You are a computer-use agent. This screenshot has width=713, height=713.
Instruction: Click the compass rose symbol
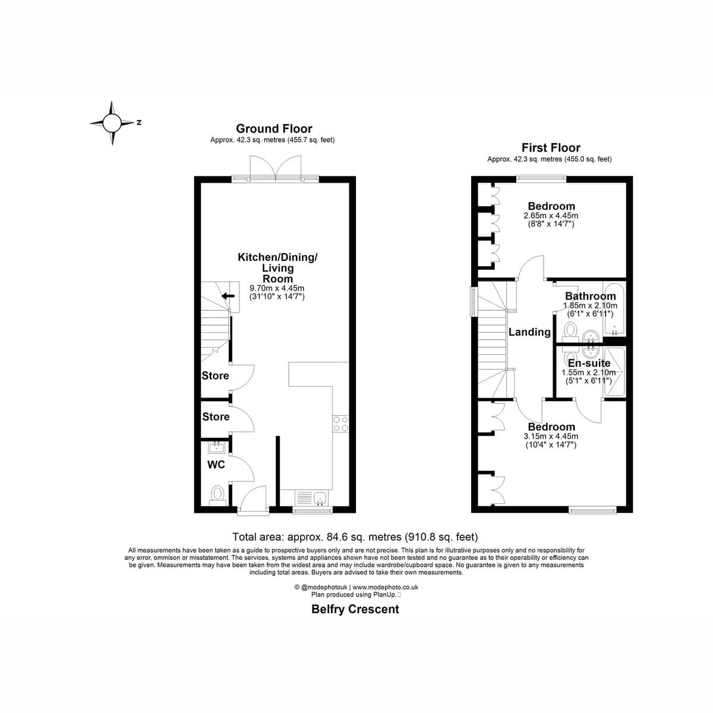click(112, 123)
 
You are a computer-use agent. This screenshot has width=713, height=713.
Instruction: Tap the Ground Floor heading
click(274, 128)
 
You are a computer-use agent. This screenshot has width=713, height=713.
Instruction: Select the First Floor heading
click(551, 147)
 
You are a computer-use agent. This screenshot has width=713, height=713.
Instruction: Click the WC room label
click(216, 465)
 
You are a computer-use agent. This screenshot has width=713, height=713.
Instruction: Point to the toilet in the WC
click(217, 496)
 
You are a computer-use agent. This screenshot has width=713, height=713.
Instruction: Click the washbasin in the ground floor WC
click(216, 448)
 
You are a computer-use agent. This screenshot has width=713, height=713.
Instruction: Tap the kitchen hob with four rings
click(340, 424)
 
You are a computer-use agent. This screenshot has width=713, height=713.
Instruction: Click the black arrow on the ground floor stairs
click(228, 296)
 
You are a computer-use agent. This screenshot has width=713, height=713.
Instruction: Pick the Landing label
click(529, 332)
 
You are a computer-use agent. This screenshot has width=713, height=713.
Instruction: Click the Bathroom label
click(590, 296)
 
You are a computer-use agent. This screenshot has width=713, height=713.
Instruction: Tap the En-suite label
click(589, 363)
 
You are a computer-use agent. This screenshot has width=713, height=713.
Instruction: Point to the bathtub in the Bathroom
click(614, 309)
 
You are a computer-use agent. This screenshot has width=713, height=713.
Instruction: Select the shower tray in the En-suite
click(614, 371)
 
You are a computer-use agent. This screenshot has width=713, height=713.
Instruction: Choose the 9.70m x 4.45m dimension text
click(277, 288)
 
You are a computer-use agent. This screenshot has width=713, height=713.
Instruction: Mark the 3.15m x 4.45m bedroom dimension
click(551, 437)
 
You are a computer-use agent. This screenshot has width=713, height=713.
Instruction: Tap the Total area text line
click(355, 537)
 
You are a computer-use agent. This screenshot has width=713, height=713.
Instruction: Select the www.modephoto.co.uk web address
click(386, 587)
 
